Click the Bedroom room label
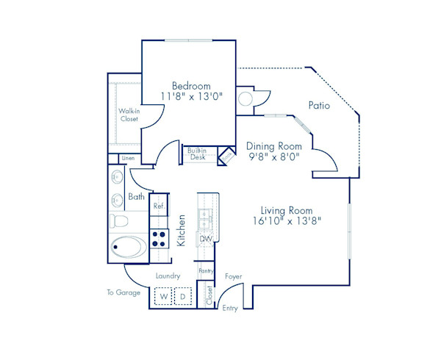tap(191, 84)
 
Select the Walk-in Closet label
tap(129, 114)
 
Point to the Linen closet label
tap(128, 158)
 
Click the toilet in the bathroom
tap(120, 220)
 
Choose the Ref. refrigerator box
tap(158, 206)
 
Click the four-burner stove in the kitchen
tap(159, 237)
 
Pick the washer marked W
tap(164, 296)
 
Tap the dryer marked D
tap(183, 296)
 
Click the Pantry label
tap(206, 271)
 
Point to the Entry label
tap(229, 308)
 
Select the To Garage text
tap(122, 292)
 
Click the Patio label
tap(319, 106)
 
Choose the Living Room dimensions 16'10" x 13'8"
tap(287, 220)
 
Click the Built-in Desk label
tap(198, 154)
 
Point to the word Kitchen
tap(182, 229)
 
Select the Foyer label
tap(233, 276)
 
